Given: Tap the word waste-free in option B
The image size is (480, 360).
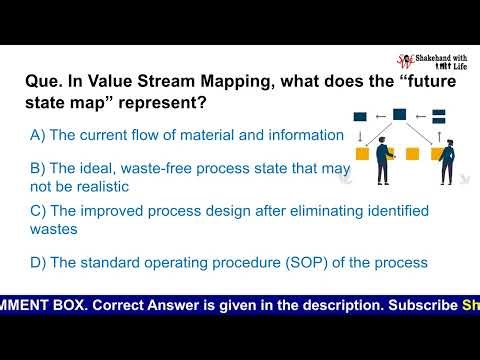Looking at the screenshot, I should tap(150, 167).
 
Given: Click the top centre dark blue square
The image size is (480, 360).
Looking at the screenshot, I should tap(400, 115).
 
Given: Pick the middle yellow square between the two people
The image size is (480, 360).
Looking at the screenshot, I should tap(411, 154).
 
